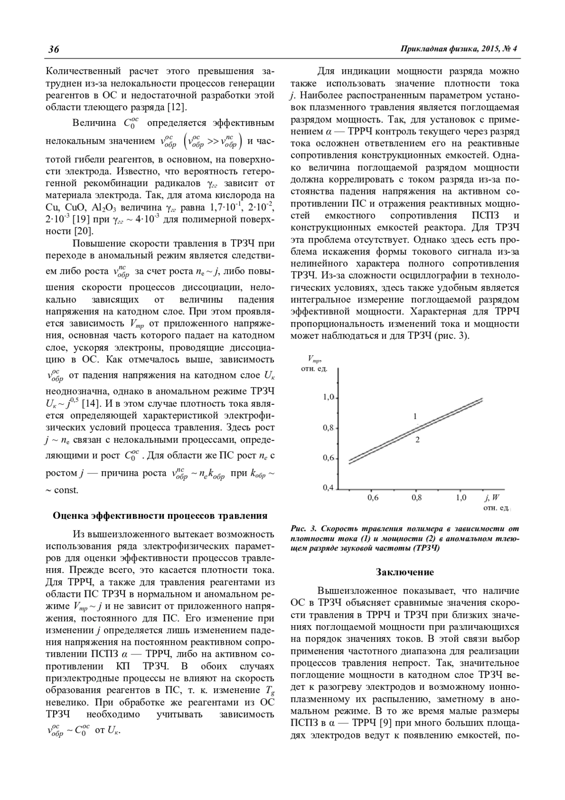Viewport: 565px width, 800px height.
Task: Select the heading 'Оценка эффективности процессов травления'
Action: (x=160, y=515)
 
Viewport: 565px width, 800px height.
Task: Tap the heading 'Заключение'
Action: (x=404, y=572)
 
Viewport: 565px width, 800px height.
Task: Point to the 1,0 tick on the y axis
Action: (x=328, y=398)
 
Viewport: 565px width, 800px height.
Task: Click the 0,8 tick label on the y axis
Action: (x=328, y=428)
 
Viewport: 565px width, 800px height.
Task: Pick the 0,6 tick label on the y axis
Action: (x=328, y=458)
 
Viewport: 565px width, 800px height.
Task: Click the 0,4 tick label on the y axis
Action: (x=328, y=488)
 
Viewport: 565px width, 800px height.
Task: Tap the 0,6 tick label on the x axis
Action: (x=372, y=498)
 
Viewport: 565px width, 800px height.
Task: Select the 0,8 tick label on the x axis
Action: (x=416, y=498)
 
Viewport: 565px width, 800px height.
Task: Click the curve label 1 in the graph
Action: (x=415, y=416)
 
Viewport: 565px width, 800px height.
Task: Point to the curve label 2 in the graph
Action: (x=417, y=440)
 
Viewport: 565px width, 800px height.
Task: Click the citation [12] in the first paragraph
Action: (x=177, y=107)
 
